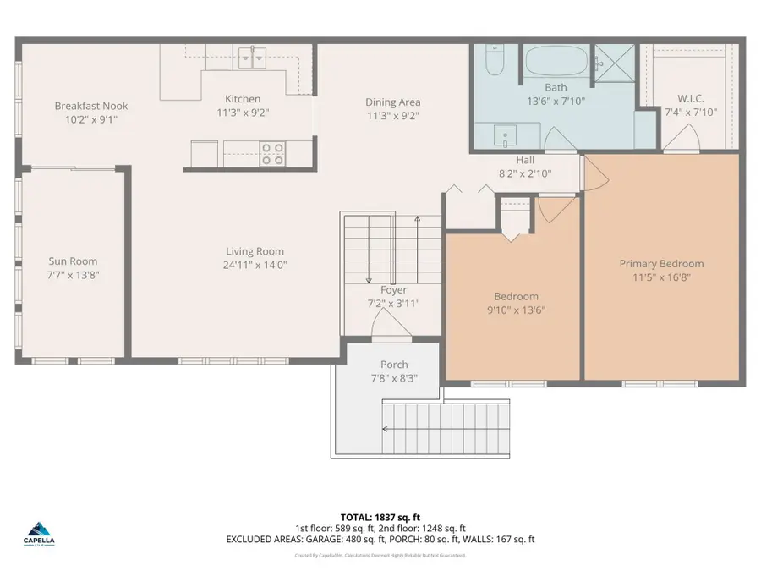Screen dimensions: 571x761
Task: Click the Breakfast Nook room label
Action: pyautogui.click(x=91, y=106)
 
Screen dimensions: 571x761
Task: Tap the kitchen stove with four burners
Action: pyautogui.click(x=272, y=153)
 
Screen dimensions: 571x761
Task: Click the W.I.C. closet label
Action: pyautogui.click(x=690, y=98)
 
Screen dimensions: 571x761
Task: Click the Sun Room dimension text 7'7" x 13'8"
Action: pyautogui.click(x=73, y=276)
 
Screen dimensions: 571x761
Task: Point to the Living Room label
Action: pyautogui.click(x=255, y=251)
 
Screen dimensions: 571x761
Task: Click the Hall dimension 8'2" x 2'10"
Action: pyautogui.click(x=525, y=174)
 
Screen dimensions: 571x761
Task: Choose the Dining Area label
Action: pyautogui.click(x=392, y=102)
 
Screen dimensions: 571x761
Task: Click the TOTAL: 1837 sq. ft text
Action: pyautogui.click(x=380, y=515)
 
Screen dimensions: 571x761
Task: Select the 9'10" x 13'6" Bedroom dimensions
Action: pyautogui.click(x=516, y=310)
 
